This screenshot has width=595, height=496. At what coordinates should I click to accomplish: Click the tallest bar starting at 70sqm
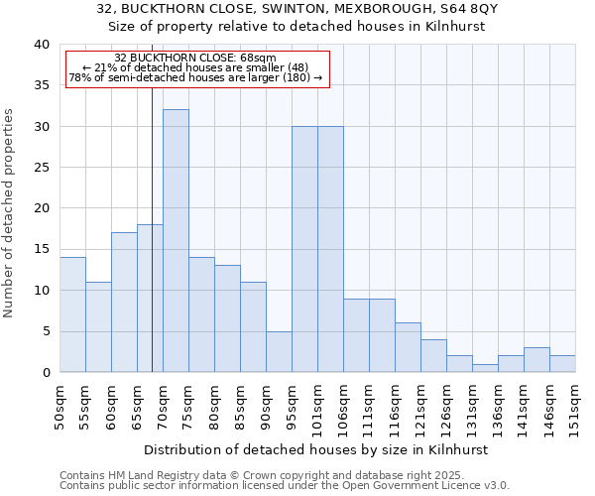point(176,241)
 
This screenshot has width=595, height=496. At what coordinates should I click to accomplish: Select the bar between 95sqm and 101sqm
point(304,249)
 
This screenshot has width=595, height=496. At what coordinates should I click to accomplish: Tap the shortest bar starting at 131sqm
point(485,368)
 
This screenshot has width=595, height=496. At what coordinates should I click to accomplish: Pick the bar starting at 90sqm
point(279,351)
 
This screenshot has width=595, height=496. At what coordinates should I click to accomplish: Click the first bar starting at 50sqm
point(72,314)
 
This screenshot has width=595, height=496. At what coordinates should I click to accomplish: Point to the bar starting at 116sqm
point(408,347)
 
